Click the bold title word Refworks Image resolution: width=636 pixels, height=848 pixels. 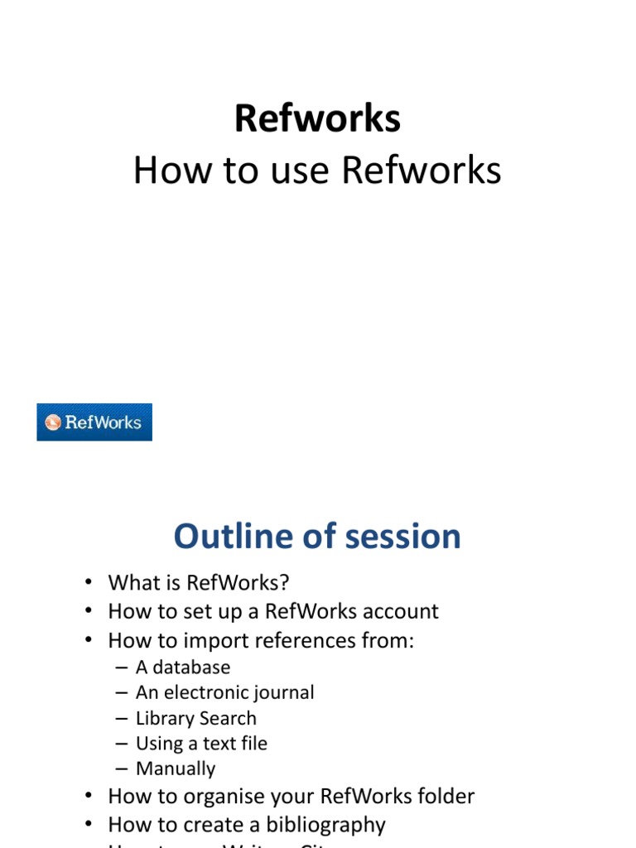coord(317,118)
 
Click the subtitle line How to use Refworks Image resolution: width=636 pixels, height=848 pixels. coord(317,171)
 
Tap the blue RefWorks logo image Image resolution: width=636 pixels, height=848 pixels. coord(94,422)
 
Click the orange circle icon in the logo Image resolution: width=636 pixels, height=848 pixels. coord(53,423)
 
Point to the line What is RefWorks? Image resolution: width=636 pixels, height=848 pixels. coord(199,582)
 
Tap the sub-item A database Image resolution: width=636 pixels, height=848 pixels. coord(183,667)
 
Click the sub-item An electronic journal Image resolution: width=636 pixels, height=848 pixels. coord(224,692)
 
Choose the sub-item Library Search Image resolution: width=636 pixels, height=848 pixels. coord(196,718)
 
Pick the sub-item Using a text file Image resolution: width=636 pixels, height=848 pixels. coord(201,744)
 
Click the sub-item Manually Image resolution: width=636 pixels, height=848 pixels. coord(176,768)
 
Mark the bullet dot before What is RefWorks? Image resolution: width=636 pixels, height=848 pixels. coord(89,583)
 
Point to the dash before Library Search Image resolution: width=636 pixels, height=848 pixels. coord(122,718)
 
